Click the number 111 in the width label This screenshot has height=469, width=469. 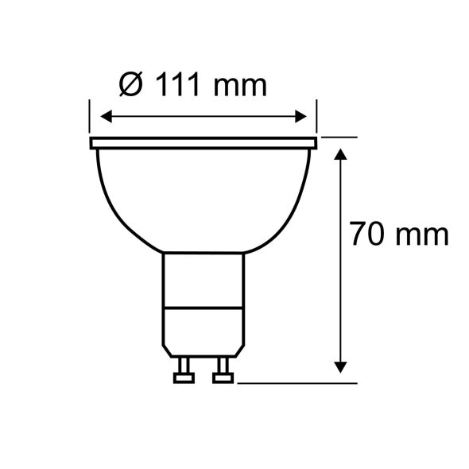click(x=177, y=83)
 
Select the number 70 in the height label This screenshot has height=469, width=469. click(x=369, y=235)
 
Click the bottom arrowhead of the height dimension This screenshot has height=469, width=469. click(x=341, y=366)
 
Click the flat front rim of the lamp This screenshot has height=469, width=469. click(x=203, y=143)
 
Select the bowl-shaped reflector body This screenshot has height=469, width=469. click(x=203, y=199)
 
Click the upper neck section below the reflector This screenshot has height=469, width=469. click(x=203, y=278)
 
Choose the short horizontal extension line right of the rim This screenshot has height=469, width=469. click(x=337, y=138)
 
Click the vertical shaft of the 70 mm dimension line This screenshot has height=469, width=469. click(x=341, y=302)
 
